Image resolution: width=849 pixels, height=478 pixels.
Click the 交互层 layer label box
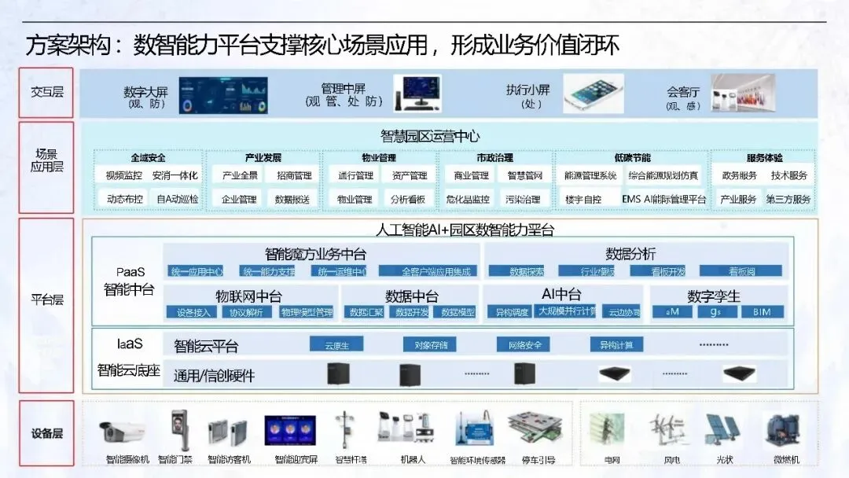(46, 92)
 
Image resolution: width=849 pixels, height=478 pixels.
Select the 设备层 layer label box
(46, 433)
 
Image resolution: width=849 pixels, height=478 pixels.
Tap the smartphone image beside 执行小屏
(593, 94)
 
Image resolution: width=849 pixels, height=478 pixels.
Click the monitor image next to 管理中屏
(417, 93)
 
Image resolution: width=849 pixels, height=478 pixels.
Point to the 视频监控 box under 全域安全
(124, 176)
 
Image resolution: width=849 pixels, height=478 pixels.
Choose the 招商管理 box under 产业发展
(293, 176)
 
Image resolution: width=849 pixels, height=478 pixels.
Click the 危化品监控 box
(468, 200)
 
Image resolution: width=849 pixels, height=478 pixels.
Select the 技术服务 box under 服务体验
(788, 176)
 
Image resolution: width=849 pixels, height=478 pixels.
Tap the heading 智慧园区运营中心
(430, 136)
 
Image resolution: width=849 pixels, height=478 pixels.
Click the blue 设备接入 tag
(193, 312)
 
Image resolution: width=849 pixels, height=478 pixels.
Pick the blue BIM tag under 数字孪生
(762, 312)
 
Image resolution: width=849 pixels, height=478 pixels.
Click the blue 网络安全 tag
(522, 344)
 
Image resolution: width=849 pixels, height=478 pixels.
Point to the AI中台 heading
(561, 295)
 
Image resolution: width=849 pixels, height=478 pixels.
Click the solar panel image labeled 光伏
(718, 430)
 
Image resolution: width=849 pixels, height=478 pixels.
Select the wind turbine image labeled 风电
(660, 430)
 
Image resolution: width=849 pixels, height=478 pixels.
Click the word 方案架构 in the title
(62, 45)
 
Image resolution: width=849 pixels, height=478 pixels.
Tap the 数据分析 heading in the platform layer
(630, 254)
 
